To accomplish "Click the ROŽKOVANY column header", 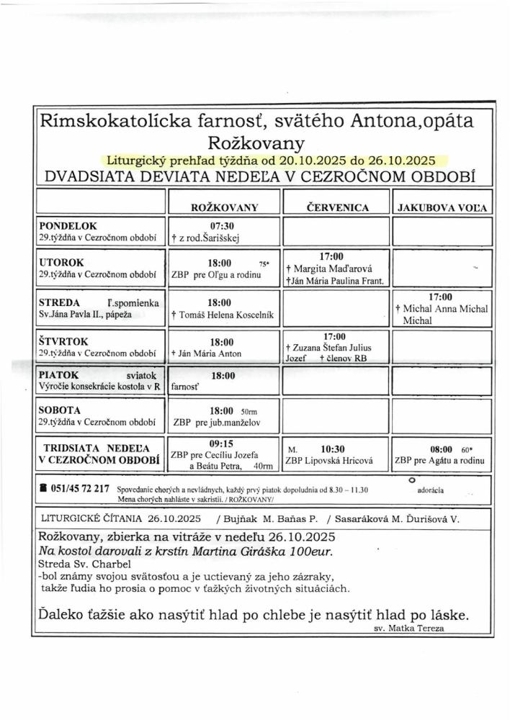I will [224, 207].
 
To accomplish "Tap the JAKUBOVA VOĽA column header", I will [442, 208].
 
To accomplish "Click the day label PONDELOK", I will [68, 225].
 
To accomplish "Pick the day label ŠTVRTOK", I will [66, 341].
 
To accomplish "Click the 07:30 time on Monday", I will [223, 225].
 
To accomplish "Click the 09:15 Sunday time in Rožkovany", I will [223, 442].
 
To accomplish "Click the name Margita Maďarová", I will [331, 269].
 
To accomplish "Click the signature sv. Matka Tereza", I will [409, 628].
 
